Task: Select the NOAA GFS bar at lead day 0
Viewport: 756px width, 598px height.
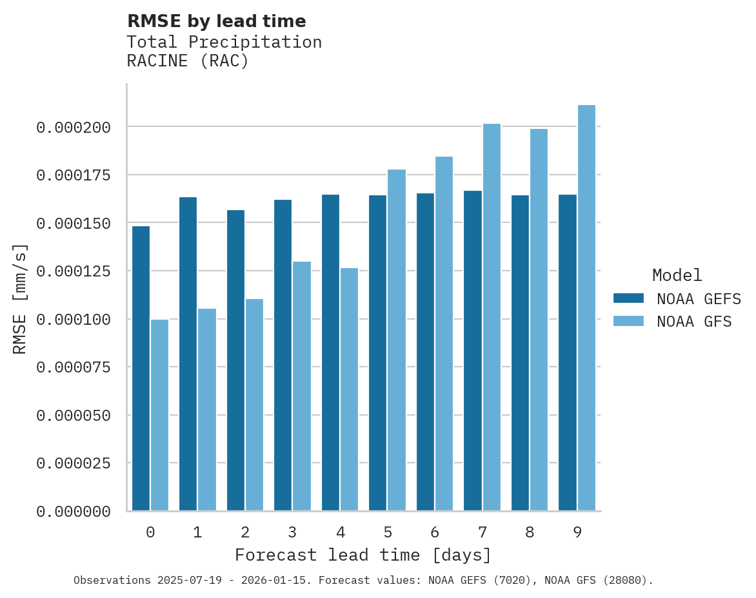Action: click(x=160, y=415)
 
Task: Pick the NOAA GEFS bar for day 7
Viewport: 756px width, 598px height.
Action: click(x=473, y=351)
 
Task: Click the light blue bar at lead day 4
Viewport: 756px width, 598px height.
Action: click(x=349, y=389)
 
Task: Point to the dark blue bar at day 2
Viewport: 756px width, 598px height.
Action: click(x=235, y=360)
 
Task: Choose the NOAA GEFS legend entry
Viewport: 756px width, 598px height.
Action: click(x=693, y=299)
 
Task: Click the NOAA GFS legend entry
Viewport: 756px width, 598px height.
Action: click(x=693, y=322)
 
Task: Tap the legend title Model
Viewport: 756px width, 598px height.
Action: click(x=677, y=276)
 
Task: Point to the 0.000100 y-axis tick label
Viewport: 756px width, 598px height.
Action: click(x=74, y=320)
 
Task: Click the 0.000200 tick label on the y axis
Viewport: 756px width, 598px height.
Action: click(x=74, y=128)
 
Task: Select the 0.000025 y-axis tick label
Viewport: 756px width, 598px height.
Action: click(x=74, y=464)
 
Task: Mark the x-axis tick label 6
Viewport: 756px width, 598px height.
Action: click(x=435, y=532)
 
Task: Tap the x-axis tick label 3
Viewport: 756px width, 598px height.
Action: click(x=292, y=532)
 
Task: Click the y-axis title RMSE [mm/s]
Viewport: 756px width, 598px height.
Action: click(x=20, y=299)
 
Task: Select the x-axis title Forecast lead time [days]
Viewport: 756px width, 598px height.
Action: click(x=363, y=555)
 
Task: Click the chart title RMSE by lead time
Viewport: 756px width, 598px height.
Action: click(x=216, y=21)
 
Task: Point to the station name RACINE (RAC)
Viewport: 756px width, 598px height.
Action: click(x=188, y=61)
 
